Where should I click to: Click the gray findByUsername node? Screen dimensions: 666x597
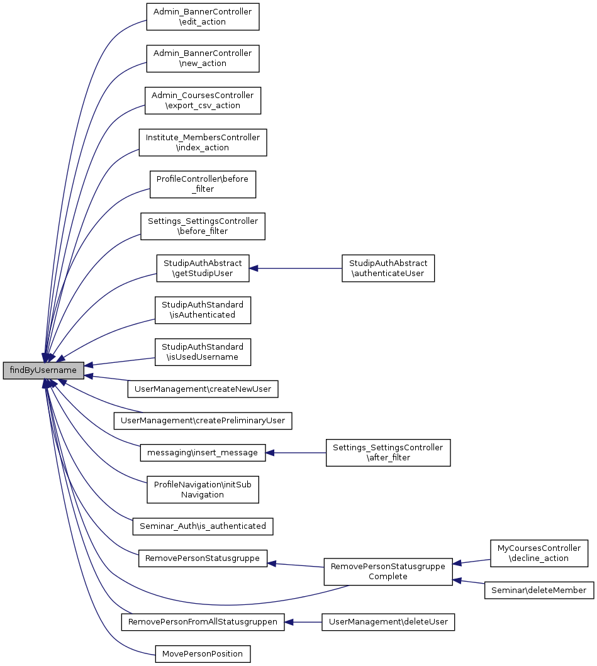(x=43, y=370)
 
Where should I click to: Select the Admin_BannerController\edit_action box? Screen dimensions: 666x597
(x=203, y=17)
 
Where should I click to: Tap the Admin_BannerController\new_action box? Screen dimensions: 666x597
(x=203, y=58)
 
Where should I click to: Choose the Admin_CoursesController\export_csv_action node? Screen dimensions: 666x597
(x=203, y=101)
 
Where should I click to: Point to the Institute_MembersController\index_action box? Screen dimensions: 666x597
(x=203, y=142)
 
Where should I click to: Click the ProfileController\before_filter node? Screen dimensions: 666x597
(x=203, y=184)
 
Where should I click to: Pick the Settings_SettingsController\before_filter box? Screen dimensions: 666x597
(x=203, y=226)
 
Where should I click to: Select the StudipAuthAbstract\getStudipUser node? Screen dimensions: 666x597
(x=203, y=268)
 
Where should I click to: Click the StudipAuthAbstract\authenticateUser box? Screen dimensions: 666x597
(x=388, y=268)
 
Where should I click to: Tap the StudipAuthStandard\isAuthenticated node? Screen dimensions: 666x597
(x=203, y=310)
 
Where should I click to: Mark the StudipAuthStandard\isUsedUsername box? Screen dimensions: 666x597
(x=203, y=352)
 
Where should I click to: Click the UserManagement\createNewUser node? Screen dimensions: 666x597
(x=203, y=389)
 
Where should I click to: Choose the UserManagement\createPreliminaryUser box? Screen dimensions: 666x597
(x=203, y=420)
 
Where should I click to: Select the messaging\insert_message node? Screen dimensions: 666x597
(x=203, y=452)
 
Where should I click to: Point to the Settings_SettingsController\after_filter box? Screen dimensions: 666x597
(x=388, y=452)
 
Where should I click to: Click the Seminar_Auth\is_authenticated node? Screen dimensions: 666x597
(x=203, y=525)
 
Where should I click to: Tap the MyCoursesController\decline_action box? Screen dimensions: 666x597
(x=538, y=553)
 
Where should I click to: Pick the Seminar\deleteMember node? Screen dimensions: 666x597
(x=538, y=590)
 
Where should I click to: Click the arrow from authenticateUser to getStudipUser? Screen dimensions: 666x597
(x=296, y=269)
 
